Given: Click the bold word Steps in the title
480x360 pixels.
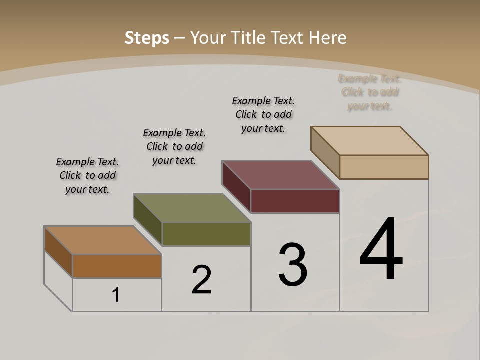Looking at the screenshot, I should click(x=146, y=38).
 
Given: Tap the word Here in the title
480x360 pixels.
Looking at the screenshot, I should click(x=327, y=38).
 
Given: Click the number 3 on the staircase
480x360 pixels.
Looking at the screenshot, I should click(x=293, y=264).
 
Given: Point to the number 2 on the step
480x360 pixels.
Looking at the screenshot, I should click(x=201, y=279).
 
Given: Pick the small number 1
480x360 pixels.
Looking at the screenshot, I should click(x=115, y=295).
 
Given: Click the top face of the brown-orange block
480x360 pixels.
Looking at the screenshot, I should click(x=102, y=240).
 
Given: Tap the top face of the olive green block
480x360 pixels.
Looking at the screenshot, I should click(x=192, y=208).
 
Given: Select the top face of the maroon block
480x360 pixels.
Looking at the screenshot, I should click(x=281, y=175).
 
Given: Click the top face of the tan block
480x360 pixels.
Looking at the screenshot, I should click(x=370, y=141).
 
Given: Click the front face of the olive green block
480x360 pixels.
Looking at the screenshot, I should click(x=206, y=234).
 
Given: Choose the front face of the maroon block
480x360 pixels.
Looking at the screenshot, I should click(x=295, y=201).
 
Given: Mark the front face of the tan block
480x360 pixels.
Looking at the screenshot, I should click(x=384, y=167).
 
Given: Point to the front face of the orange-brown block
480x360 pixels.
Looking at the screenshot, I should click(x=117, y=266).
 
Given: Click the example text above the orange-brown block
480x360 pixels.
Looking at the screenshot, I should click(x=87, y=175).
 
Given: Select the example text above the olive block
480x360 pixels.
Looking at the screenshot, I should click(x=174, y=146).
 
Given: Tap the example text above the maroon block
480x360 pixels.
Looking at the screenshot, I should click(x=263, y=114).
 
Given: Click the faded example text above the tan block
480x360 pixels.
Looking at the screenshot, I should click(x=370, y=92).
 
